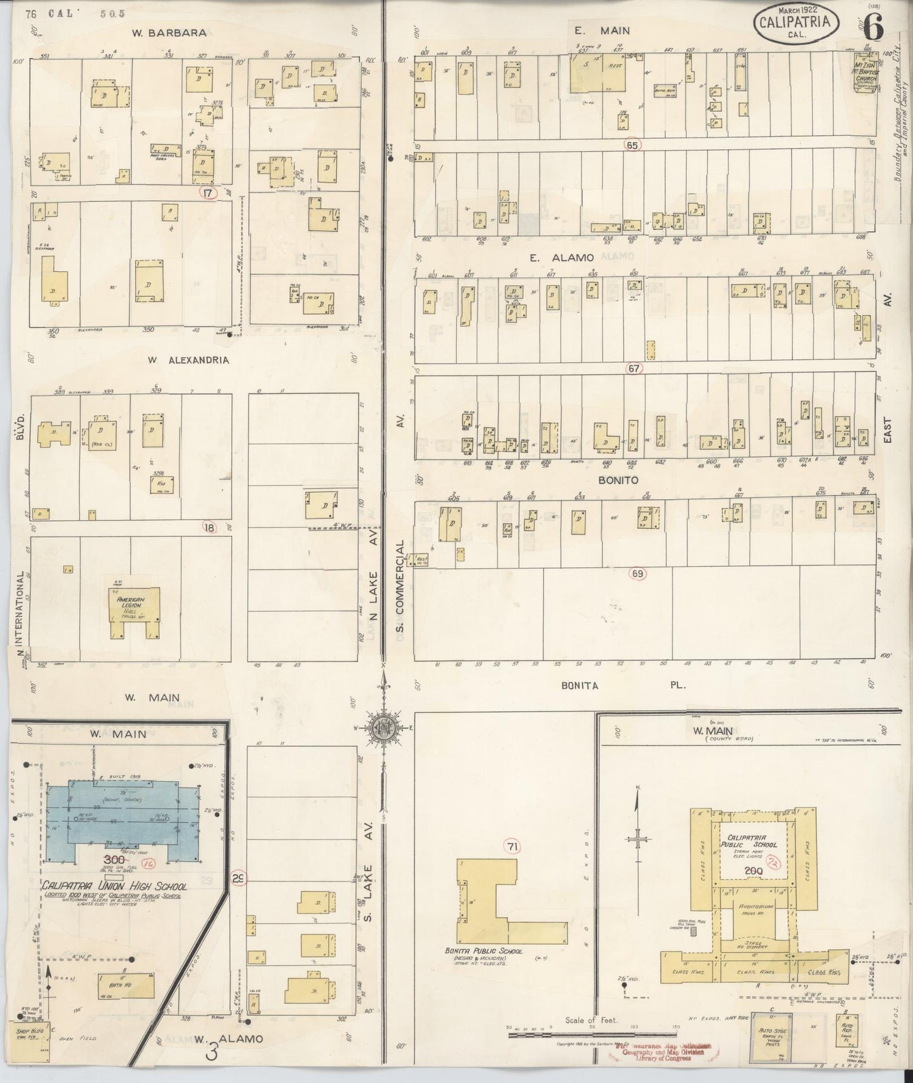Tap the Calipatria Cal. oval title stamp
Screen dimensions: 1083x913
tap(795, 25)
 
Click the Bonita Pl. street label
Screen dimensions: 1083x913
tap(622, 684)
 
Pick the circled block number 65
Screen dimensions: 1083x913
tap(631, 145)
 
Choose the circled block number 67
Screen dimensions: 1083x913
tap(634, 368)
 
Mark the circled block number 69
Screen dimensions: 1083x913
tap(637, 574)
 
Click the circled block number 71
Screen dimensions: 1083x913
tap(511, 845)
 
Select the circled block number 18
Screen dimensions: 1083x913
tap(209, 526)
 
